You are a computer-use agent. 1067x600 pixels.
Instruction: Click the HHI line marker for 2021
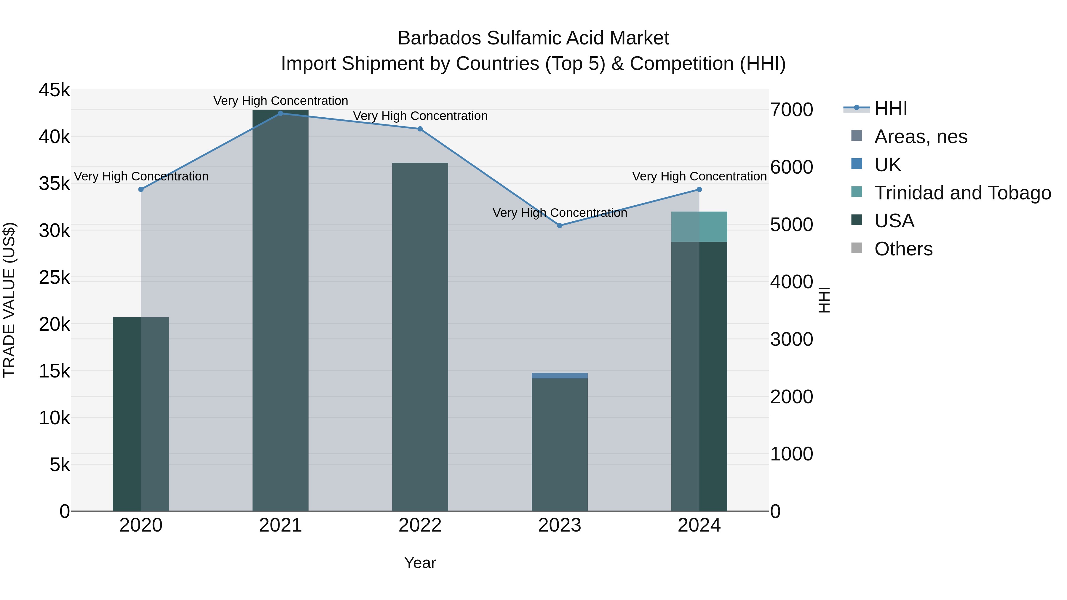(x=280, y=113)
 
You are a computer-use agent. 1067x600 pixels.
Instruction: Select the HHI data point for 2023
(x=560, y=226)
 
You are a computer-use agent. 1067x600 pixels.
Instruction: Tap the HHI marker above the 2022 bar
(x=420, y=129)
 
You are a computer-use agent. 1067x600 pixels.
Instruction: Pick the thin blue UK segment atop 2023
(x=560, y=376)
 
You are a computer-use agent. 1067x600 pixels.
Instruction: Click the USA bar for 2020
(x=141, y=414)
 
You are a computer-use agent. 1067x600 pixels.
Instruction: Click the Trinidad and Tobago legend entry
(x=962, y=193)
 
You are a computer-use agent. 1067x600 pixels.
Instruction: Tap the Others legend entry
(x=903, y=249)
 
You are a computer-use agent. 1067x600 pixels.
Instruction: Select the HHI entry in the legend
(x=891, y=108)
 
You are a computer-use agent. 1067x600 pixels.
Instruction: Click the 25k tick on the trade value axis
(x=54, y=277)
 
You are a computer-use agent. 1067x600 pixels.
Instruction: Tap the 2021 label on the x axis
(x=280, y=525)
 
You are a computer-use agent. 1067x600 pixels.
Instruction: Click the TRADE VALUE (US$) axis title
(x=9, y=300)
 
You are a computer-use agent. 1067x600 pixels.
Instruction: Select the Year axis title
(x=420, y=563)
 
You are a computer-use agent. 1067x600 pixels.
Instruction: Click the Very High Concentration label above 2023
(x=560, y=213)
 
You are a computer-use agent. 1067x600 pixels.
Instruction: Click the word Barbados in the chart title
(x=439, y=38)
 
